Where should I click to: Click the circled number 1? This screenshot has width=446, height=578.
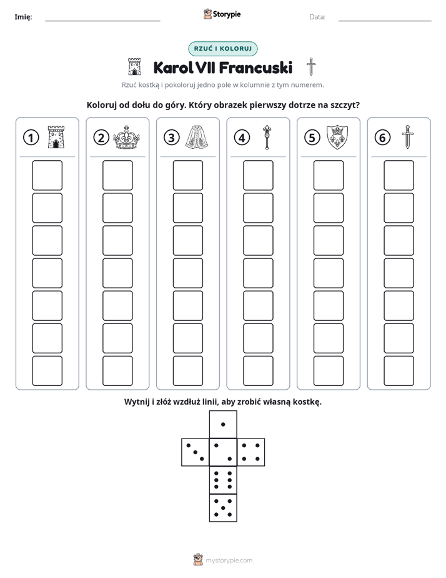click(31, 138)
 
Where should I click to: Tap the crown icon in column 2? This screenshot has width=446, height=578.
click(126, 137)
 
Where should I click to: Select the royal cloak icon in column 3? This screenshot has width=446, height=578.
click(197, 137)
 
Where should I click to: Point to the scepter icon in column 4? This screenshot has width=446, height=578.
click(267, 137)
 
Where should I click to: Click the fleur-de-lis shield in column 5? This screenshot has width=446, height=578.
click(337, 137)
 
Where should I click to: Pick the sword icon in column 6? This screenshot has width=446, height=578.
click(407, 137)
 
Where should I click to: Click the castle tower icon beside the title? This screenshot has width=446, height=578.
click(134, 67)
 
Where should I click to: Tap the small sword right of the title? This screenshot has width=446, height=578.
click(311, 67)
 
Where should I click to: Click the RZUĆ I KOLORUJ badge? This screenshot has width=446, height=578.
click(222, 49)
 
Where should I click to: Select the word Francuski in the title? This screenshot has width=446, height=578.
click(255, 68)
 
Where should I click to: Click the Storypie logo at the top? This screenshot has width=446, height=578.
click(222, 14)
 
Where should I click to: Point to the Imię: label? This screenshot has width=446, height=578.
click(23, 17)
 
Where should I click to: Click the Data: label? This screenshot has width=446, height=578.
click(317, 17)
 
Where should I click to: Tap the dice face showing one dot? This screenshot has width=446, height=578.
click(223, 424)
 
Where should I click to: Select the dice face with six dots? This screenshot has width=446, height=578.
click(223, 480)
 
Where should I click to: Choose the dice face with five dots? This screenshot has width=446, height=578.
click(223, 508)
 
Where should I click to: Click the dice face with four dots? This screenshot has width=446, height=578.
click(251, 452)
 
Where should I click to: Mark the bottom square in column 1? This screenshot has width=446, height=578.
click(47, 371)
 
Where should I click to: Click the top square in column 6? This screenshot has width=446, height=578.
click(399, 175)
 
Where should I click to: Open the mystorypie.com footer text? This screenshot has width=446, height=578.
click(229, 560)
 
